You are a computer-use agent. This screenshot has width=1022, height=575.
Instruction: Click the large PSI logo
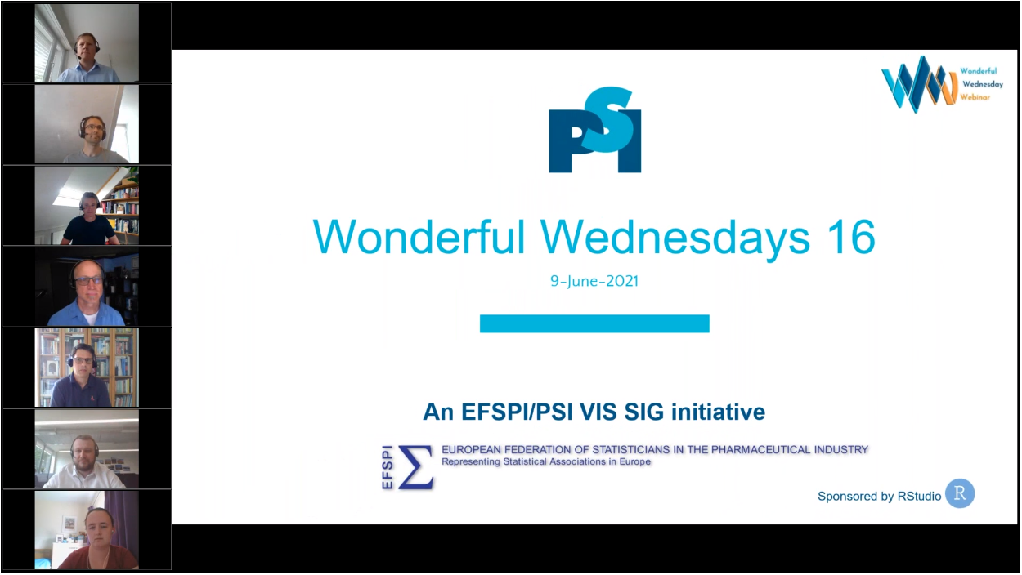[595, 130]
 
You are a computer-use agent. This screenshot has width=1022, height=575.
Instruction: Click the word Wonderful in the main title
[419, 237]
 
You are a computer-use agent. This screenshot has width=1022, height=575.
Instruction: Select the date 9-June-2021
[594, 281]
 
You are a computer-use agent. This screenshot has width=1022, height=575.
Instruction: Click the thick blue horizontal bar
[594, 323]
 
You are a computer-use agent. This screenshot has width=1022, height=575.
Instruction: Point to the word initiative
[718, 412]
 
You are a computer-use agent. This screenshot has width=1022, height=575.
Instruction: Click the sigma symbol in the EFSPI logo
[415, 467]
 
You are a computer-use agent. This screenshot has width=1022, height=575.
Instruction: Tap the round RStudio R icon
[960, 493]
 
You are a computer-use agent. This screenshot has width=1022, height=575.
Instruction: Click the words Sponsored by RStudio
[879, 496]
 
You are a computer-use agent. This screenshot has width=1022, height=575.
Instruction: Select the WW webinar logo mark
[919, 84]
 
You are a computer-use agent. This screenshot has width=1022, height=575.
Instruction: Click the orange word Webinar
[975, 97]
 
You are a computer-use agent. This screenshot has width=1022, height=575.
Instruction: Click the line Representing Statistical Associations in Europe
[546, 462]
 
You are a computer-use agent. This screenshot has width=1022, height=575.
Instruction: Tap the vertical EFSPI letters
[387, 467]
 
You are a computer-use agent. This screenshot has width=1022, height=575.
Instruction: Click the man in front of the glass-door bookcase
[81, 376]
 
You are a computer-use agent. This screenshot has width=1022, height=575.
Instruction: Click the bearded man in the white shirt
[84, 462]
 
